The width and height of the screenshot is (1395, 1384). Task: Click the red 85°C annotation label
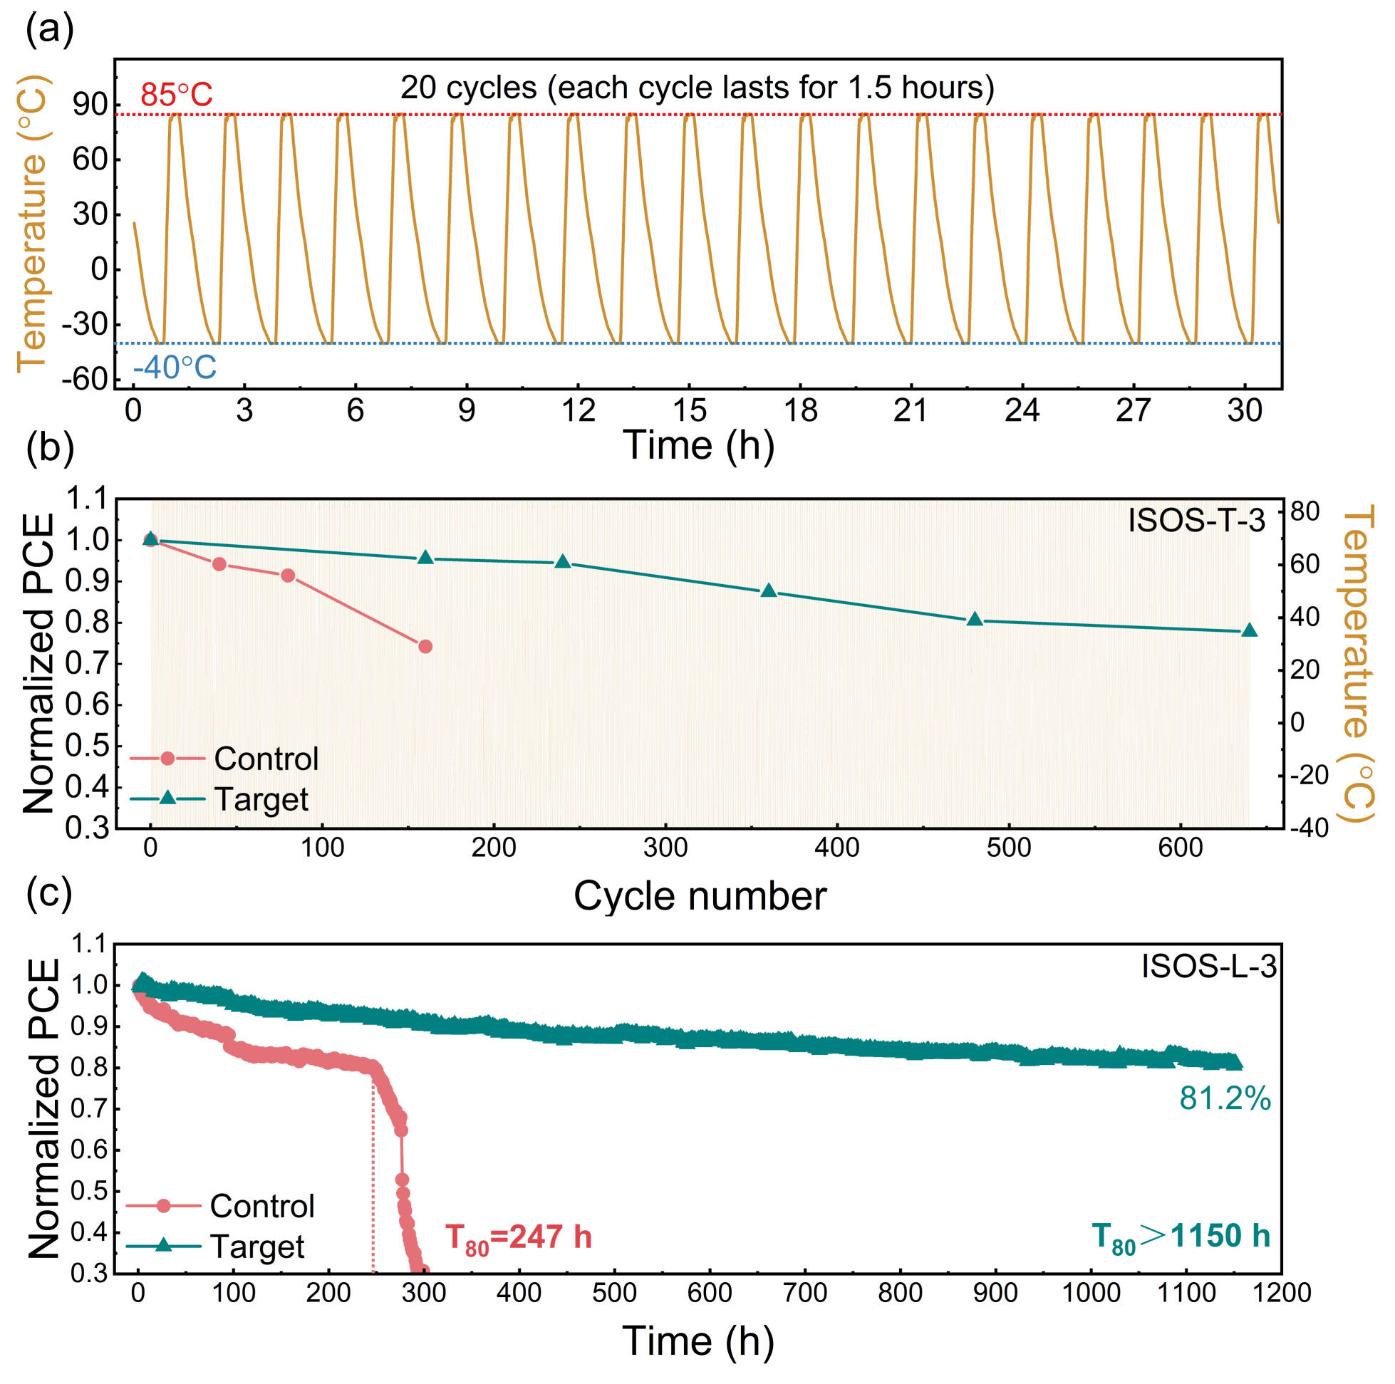click(176, 95)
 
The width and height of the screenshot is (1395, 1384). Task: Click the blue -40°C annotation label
click(174, 368)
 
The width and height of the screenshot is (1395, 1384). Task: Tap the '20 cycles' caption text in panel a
click(697, 88)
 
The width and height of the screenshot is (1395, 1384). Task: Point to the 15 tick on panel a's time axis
click(690, 410)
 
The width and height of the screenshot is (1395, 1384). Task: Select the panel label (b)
click(50, 447)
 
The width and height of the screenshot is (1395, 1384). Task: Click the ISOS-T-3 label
click(1196, 521)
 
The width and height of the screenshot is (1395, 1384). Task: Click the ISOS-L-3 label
click(1209, 966)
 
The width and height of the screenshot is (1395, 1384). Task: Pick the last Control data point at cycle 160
click(425, 646)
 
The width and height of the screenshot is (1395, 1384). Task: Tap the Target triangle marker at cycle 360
click(769, 591)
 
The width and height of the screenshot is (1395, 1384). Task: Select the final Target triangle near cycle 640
click(1249, 631)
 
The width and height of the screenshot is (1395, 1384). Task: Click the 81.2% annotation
click(1225, 1098)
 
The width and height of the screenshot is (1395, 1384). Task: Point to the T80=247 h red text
click(518, 1237)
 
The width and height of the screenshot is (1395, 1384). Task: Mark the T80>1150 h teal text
click(1180, 1236)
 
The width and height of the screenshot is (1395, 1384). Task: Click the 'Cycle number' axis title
click(700, 896)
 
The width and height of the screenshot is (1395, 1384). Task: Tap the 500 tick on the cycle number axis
click(1009, 847)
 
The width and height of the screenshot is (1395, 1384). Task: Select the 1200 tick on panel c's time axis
click(1282, 1292)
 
